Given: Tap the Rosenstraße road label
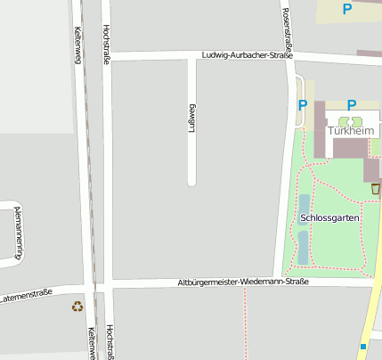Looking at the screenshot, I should pyautogui.click(x=287, y=28).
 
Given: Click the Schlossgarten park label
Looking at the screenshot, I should pyautogui.click(x=330, y=217).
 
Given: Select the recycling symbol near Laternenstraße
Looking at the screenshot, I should pyautogui.click(x=77, y=307).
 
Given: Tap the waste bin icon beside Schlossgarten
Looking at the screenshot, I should pyautogui.click(x=375, y=188).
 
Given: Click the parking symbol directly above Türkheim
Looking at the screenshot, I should pyautogui.click(x=352, y=105).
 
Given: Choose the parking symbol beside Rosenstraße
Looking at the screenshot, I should pyautogui.click(x=303, y=105).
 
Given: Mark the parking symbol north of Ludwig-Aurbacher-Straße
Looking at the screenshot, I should pyautogui.click(x=346, y=10).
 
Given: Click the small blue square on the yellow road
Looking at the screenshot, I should pyautogui.click(x=363, y=346).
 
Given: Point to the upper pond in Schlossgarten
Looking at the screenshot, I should pyautogui.click(x=304, y=207).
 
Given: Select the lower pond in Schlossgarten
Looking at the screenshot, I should pyautogui.click(x=303, y=247).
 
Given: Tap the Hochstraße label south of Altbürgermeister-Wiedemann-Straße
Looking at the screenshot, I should pyautogui.click(x=110, y=340).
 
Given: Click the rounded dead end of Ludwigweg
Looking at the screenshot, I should pyautogui.click(x=191, y=182).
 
